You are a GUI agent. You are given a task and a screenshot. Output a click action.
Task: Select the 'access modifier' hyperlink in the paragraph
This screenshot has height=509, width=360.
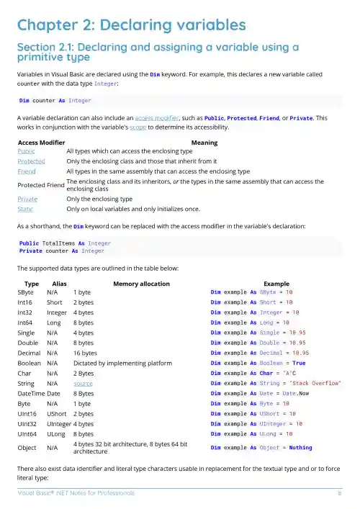pyautogui.click(x=154, y=116)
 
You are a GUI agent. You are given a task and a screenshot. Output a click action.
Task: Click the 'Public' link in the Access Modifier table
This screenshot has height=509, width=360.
pyautogui.click(x=27, y=152)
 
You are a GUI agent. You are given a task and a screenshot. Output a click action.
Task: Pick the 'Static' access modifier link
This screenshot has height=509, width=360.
pyautogui.click(x=26, y=209)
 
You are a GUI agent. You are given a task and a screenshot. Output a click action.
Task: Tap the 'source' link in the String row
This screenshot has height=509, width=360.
pyautogui.click(x=83, y=384)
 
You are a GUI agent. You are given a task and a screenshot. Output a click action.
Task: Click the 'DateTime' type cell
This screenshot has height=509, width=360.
pyautogui.click(x=30, y=395)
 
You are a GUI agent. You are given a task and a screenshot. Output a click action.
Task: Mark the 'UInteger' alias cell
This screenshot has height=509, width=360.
pyautogui.click(x=58, y=425)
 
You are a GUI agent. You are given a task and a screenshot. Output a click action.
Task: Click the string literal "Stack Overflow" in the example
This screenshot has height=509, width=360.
pyautogui.click(x=315, y=384)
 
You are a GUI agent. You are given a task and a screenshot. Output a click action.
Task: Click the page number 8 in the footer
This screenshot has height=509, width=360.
pyautogui.click(x=339, y=494)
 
